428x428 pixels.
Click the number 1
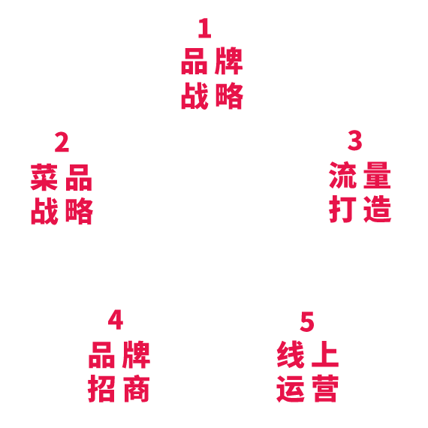point(205,28)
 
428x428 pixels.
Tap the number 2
point(62,142)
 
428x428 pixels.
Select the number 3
point(355,140)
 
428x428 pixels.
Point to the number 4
point(116,320)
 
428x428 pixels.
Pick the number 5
point(307,321)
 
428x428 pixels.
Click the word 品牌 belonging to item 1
point(212,61)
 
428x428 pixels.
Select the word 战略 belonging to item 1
point(212,96)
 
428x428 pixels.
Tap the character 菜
point(44,177)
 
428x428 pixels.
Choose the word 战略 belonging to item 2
point(62,211)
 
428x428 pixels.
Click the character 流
point(343,175)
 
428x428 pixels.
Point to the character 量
point(377,175)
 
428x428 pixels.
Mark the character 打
point(343,209)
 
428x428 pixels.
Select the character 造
point(377,209)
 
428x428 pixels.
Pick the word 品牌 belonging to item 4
point(119,354)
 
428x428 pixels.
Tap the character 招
point(101,389)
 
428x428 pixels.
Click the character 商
point(136,389)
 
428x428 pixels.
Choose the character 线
point(291,354)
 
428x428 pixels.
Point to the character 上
point(325,354)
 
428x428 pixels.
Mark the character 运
point(291,389)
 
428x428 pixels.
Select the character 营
point(325,389)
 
